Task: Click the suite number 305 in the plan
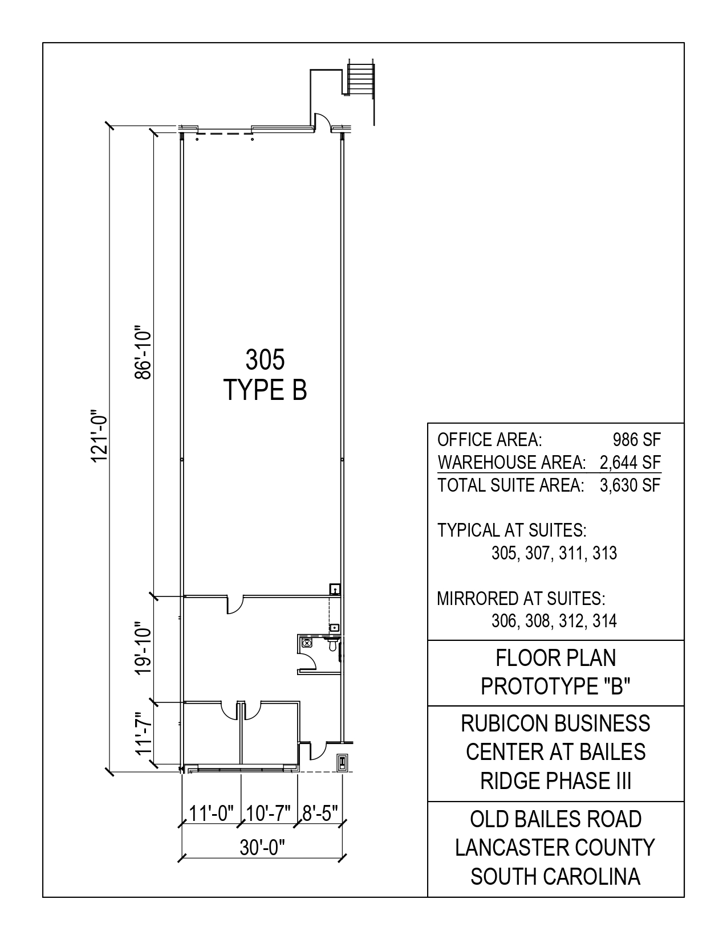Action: pyautogui.click(x=265, y=359)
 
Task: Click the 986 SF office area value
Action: pyautogui.click(x=637, y=440)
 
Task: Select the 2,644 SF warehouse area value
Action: pyautogui.click(x=631, y=463)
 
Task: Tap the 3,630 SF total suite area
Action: pyautogui.click(x=631, y=485)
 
